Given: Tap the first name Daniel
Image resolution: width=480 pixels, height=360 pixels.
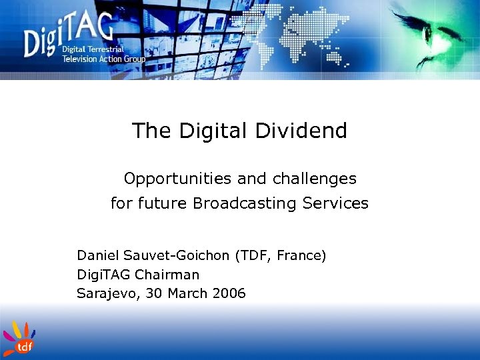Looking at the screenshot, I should click(x=98, y=255).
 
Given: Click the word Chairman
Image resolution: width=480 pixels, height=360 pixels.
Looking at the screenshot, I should click(x=167, y=274).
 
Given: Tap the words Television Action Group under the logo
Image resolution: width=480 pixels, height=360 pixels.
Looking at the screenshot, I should click(x=103, y=59).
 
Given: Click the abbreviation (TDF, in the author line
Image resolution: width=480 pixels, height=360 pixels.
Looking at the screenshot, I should click(x=255, y=255).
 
